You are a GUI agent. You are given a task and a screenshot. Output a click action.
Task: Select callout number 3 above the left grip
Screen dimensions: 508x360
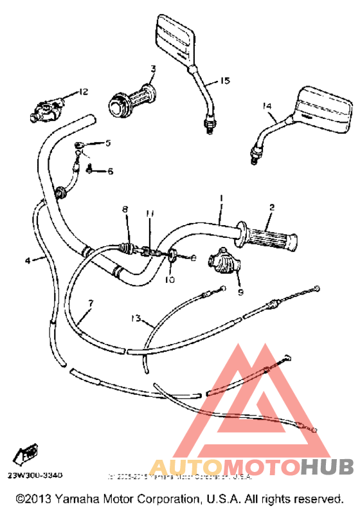coord(153,68)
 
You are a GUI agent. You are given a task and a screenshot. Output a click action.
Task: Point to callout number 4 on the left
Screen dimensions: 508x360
coord(27,260)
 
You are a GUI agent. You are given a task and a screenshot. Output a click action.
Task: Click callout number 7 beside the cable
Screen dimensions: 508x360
coord(91,302)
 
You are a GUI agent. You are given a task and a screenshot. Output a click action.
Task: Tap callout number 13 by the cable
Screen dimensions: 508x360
coord(134,318)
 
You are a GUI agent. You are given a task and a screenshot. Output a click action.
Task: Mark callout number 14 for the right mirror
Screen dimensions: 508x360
coord(267,105)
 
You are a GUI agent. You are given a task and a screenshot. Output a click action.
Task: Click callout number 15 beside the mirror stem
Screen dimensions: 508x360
coord(224,81)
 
